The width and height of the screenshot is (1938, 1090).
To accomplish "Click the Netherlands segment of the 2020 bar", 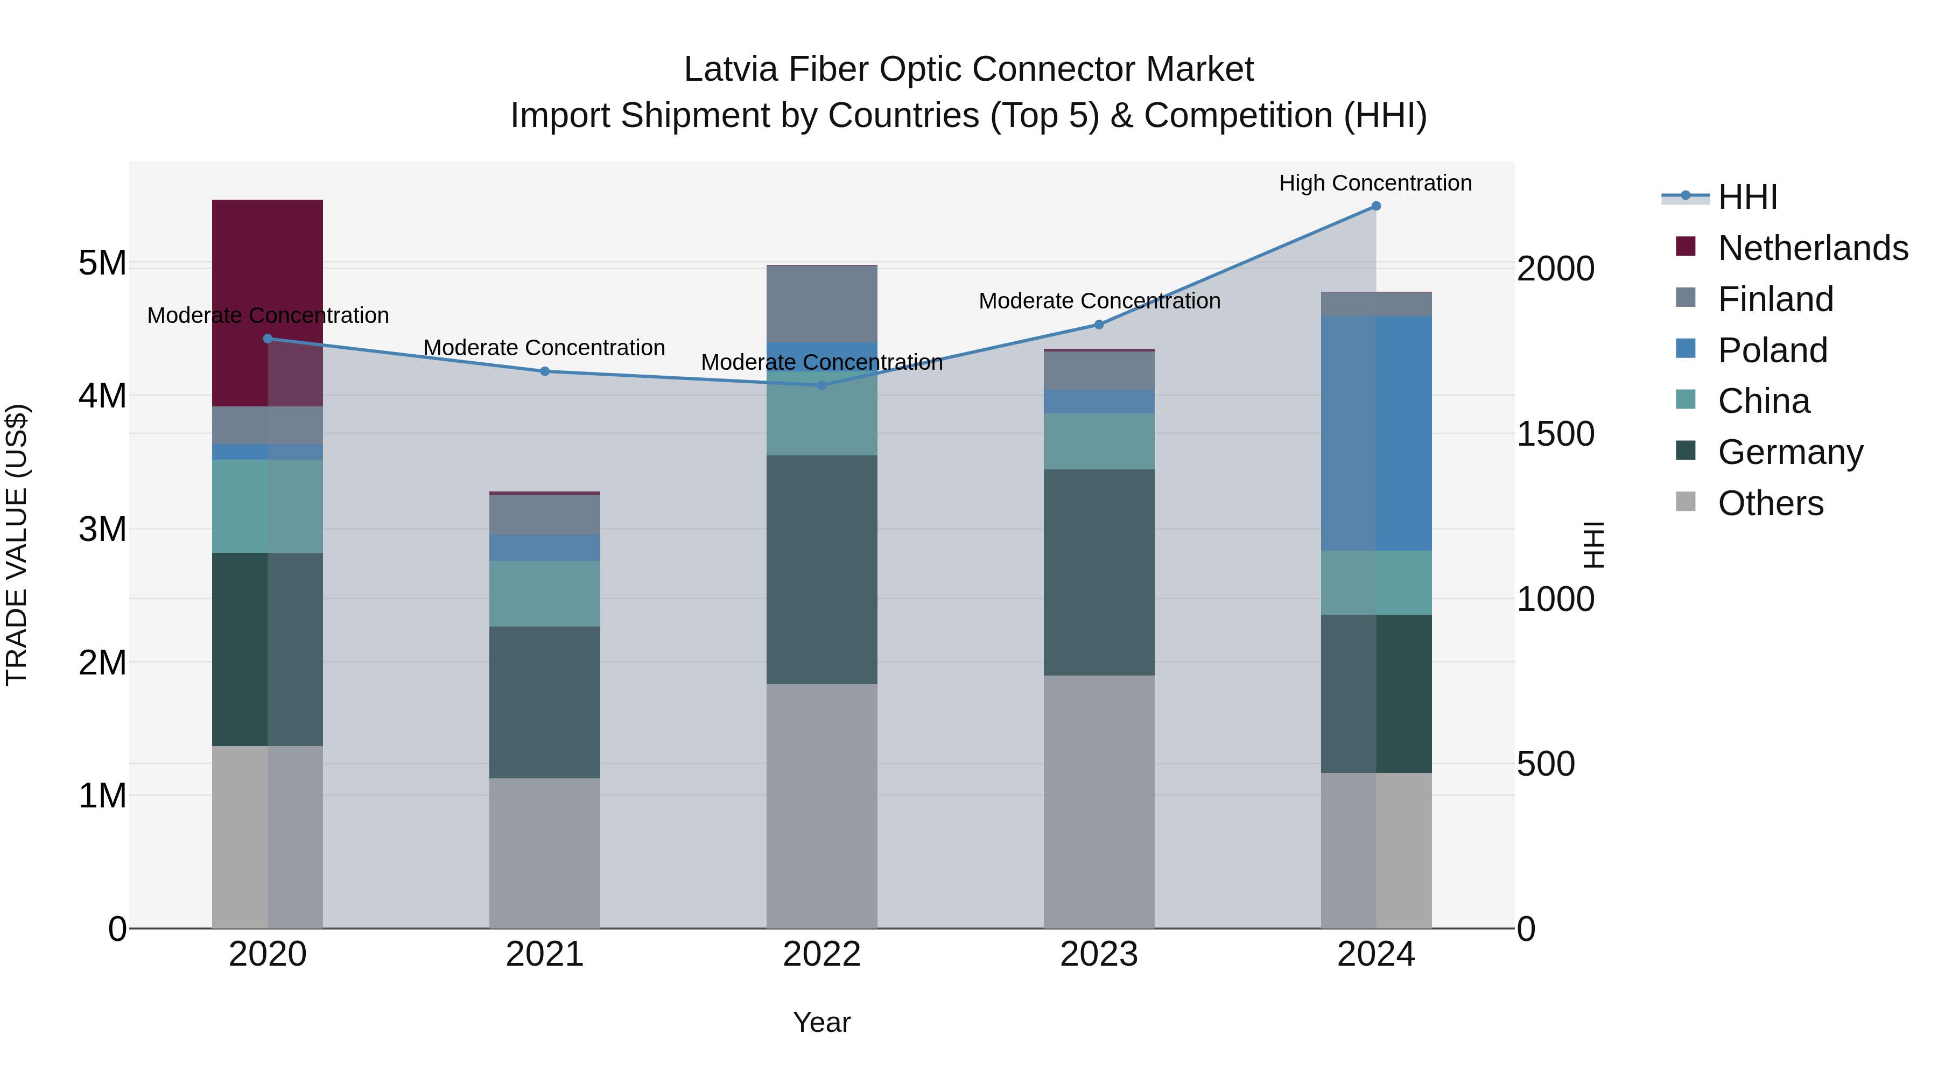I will click(267, 256).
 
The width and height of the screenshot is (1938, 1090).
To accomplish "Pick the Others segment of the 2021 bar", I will click(545, 853).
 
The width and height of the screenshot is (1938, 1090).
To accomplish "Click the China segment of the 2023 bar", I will click(1098, 441).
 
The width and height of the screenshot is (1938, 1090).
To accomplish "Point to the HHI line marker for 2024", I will click(1376, 206).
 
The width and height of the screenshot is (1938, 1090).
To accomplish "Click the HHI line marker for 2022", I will click(821, 385).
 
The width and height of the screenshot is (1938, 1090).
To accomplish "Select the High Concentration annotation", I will click(1375, 184).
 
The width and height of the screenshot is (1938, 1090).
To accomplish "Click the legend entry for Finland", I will click(1775, 299).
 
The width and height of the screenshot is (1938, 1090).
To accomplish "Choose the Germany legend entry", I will click(1790, 452).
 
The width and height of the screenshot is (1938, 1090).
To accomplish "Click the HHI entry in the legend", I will click(1747, 197).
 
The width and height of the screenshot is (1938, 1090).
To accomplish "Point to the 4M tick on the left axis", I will click(102, 396).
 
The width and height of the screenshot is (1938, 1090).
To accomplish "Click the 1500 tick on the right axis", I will click(1555, 434).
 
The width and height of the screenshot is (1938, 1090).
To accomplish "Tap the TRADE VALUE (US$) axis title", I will click(17, 545).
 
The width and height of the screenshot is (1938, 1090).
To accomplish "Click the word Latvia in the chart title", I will click(730, 70).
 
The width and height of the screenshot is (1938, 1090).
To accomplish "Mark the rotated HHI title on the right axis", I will click(1593, 545).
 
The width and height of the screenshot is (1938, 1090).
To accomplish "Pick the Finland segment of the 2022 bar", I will click(821, 304).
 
